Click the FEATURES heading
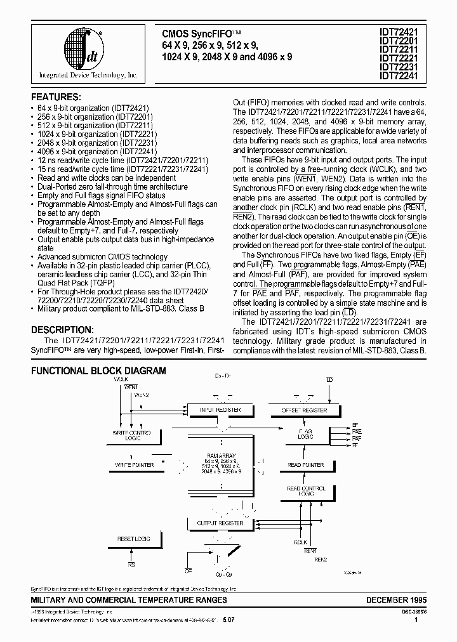pyautogui.click(x=56, y=97)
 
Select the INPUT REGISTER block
pyautogui.click(x=220, y=410)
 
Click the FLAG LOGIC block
pyautogui.click(x=306, y=434)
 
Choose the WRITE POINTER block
pyautogui.click(x=134, y=465)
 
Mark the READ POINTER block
pyautogui.click(x=306, y=465)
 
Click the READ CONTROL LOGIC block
pyautogui.click(x=306, y=491)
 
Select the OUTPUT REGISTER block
pyautogui.click(x=220, y=523)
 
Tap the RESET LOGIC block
pyautogui.click(x=134, y=539)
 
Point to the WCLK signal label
pyautogui.click(x=121, y=379)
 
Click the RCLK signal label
pyautogui.click(x=300, y=542)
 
